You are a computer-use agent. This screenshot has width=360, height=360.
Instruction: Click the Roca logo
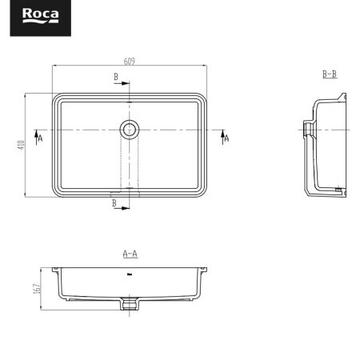click(41, 18)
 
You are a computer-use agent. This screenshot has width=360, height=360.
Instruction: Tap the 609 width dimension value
click(130, 61)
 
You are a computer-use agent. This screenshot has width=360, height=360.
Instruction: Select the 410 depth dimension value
click(21, 145)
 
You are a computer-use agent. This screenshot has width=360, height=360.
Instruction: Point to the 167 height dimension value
click(37, 289)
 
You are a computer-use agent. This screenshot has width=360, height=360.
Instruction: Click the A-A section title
click(130, 254)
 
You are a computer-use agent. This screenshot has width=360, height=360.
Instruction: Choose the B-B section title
click(330, 74)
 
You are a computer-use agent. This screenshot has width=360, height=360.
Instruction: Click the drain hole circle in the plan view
click(130, 130)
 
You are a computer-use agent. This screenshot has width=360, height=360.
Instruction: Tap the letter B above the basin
click(116, 77)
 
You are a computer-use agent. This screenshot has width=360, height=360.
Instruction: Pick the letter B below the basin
click(114, 203)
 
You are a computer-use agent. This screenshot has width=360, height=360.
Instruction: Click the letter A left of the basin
click(40, 138)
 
